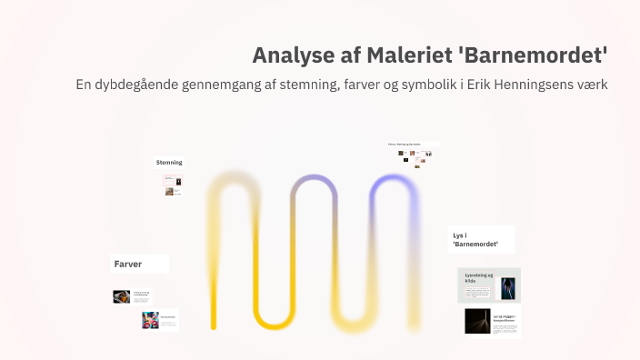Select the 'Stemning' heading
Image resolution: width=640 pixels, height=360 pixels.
click(x=169, y=162)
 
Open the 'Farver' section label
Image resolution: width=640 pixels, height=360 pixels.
click(x=128, y=264)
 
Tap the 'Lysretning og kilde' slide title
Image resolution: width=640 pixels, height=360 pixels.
click(x=479, y=277)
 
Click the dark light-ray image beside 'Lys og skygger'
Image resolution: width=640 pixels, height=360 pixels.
click(x=477, y=321)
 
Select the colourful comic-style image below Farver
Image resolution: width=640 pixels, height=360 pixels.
click(x=150, y=320)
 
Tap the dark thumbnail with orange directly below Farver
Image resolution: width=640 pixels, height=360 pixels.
click(x=121, y=296)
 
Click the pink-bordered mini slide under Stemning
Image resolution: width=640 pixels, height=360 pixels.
click(x=173, y=185)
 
